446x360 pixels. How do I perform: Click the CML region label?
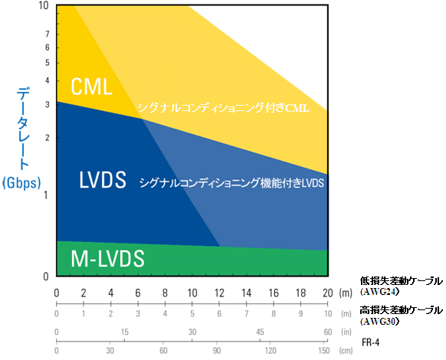tap(91, 87)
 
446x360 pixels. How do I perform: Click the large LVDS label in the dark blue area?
tap(103, 180)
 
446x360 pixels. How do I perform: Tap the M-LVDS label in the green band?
tap(107, 258)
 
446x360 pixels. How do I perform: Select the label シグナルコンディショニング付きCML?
tap(223, 108)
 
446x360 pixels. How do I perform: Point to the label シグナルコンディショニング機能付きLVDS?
tap(231, 183)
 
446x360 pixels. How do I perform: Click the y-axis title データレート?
tap(22, 129)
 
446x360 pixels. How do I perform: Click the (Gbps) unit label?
tap(21, 183)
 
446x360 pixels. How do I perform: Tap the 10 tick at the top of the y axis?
tap(44, 5)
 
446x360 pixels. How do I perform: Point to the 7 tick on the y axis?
tap(48, 34)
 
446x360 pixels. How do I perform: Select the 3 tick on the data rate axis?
tap(48, 105)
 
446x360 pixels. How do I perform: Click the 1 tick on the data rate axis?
tap(46, 195)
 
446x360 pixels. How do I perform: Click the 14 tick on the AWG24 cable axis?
tap(246, 293)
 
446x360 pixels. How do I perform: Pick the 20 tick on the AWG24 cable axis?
tap(328, 293)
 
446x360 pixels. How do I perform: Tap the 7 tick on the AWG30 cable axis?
tap(246, 313)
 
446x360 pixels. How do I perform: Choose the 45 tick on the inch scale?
tap(260, 332)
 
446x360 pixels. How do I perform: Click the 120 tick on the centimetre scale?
tap(271, 351)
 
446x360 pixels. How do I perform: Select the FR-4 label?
tap(371, 342)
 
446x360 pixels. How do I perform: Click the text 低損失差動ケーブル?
tap(402, 281)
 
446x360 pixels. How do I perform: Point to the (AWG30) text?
tap(379, 322)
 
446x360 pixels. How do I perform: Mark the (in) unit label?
tap(346, 332)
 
